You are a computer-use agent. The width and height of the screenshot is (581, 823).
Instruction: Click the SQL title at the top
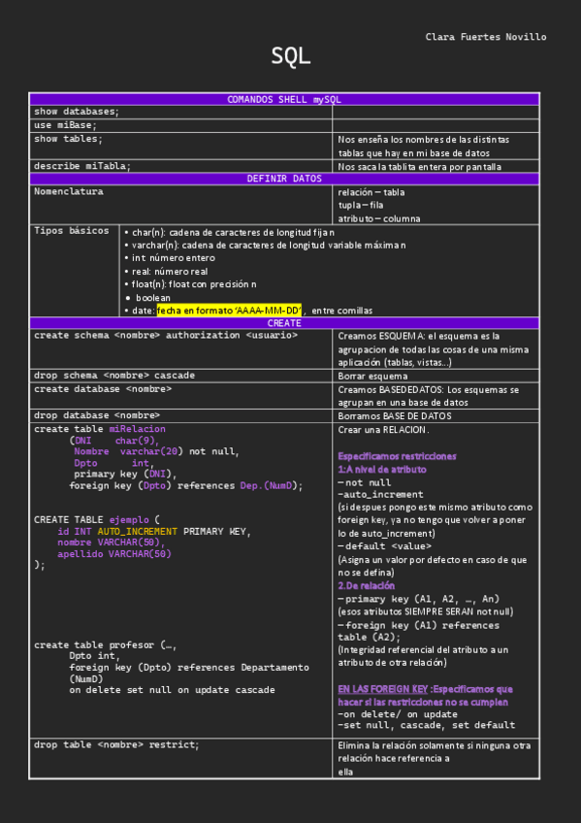[x=291, y=57]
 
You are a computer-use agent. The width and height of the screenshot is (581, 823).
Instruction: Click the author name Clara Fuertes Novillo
[x=485, y=37]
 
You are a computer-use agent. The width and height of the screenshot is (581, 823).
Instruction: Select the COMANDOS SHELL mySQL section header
[x=284, y=99]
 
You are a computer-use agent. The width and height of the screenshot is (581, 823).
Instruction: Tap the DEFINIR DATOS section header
[x=284, y=179]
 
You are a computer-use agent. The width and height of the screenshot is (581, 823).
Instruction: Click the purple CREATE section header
[x=284, y=323]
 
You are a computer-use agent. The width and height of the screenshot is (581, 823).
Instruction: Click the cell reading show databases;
[x=78, y=112]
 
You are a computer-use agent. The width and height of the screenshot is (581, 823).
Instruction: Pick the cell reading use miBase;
[x=66, y=125]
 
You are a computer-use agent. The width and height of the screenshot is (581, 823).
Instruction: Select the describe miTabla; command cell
[x=82, y=166]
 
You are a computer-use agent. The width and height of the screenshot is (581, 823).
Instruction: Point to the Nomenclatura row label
[x=69, y=191]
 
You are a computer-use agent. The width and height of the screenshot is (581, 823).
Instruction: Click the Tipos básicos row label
[x=72, y=231]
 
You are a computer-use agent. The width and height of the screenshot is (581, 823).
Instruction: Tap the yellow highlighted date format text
[x=229, y=311]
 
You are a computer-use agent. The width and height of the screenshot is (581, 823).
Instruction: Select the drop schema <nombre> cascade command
[x=114, y=375]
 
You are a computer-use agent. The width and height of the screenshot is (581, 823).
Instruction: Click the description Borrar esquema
[x=372, y=376]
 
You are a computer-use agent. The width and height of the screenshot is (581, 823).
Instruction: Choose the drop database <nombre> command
[x=97, y=415]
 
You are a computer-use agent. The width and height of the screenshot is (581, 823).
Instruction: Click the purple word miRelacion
[x=137, y=428]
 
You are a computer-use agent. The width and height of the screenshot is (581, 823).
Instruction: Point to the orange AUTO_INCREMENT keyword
[x=138, y=531]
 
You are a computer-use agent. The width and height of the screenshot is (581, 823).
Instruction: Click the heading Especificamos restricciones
[x=397, y=455]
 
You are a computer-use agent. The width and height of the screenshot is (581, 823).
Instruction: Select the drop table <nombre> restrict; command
[x=116, y=744]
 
